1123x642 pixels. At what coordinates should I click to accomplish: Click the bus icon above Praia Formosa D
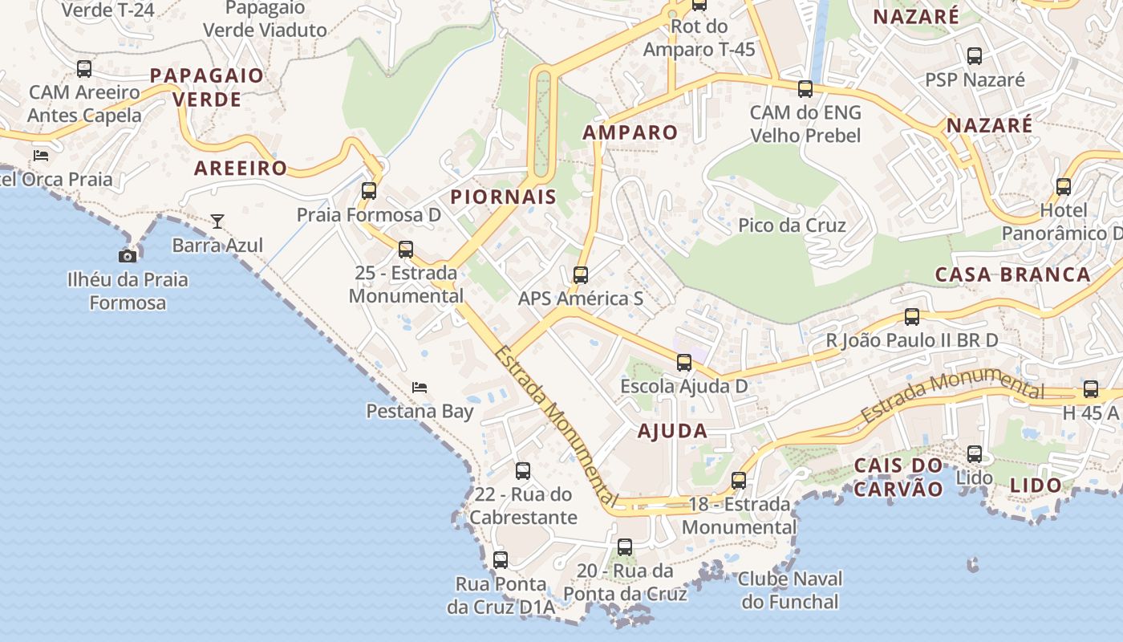(x=369, y=191)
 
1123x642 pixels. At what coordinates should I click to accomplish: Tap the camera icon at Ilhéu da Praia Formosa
(x=127, y=256)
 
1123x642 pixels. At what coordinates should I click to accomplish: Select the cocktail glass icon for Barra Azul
(x=217, y=221)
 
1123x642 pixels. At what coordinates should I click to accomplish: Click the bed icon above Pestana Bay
(x=420, y=388)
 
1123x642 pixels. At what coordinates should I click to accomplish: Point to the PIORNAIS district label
(x=503, y=197)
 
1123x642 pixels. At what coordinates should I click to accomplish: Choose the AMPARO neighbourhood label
(x=630, y=132)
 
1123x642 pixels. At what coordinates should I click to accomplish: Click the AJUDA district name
(x=672, y=431)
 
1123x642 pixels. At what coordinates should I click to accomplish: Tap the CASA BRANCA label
(x=1013, y=274)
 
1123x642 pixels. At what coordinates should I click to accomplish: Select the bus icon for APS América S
(x=581, y=275)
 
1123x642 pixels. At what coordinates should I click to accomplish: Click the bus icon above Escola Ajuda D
(x=684, y=363)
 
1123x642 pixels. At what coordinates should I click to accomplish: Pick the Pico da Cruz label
(x=792, y=226)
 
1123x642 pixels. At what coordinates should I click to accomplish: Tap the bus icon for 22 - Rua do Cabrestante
(x=523, y=471)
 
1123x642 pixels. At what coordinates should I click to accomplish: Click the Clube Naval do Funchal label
(x=790, y=590)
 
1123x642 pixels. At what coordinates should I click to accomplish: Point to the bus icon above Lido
(x=975, y=454)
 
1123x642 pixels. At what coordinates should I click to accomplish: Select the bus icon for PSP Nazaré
(x=975, y=56)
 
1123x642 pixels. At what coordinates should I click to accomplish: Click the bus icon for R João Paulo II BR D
(x=912, y=317)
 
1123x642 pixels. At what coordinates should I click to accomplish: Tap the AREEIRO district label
(x=241, y=169)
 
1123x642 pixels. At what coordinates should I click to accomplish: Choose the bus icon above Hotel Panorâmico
(x=1064, y=187)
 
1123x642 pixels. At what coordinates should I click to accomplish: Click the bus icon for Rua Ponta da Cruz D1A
(x=501, y=560)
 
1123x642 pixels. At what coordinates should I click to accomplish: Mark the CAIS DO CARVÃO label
(x=898, y=477)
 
